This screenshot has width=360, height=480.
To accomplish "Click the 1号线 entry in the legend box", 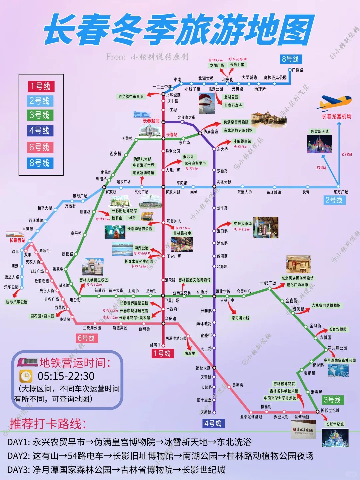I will click(41, 87).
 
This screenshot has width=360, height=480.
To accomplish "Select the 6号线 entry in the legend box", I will click(40, 147).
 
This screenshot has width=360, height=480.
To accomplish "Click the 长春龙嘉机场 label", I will click(336, 116).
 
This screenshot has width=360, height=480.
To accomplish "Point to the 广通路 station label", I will click(297, 70).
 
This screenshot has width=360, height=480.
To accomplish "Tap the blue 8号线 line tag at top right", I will click(290, 59).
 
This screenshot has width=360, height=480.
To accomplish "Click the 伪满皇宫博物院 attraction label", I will click(236, 122).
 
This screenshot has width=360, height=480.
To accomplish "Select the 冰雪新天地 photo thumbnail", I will click(319, 144).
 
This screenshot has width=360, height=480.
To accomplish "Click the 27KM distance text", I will click(347, 154).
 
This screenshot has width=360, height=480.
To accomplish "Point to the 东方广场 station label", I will click(341, 192).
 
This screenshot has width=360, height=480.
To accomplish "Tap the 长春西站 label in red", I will click(17, 240).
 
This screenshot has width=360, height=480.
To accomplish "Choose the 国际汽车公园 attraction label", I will click(17, 302).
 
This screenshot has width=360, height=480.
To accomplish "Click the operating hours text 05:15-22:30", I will click(66, 376).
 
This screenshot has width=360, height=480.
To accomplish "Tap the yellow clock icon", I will click(26, 376).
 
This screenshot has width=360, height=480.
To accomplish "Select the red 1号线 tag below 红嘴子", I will click(162, 353).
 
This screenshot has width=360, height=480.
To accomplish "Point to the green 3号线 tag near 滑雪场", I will click(332, 400).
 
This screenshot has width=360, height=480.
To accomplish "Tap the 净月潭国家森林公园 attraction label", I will click(339, 361).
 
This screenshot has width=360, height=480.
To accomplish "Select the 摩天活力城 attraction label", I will click(240, 318).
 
